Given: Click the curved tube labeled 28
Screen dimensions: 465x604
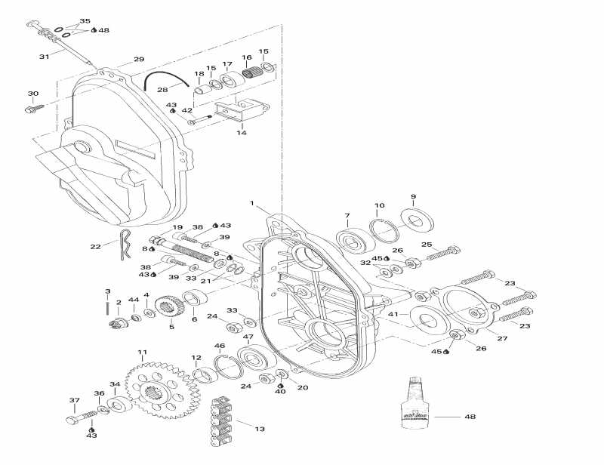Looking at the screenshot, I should (x=166, y=78).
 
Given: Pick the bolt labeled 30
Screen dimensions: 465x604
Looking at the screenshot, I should (x=32, y=109).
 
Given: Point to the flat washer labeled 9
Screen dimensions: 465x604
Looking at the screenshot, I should (x=414, y=219).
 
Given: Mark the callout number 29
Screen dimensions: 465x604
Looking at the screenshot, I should (x=138, y=59).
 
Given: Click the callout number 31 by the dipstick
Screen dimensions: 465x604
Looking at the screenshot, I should (x=44, y=57).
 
